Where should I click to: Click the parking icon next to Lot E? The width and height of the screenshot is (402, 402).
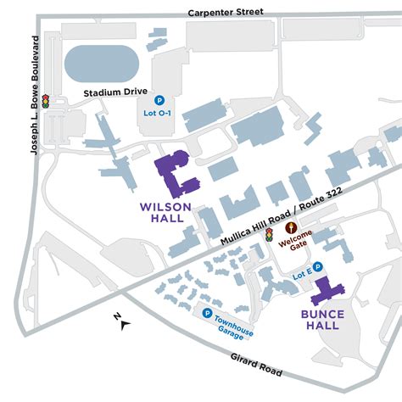(318, 266)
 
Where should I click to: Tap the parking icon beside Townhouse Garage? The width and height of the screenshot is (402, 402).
(207, 313)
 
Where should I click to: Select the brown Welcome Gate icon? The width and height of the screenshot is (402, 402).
(292, 227)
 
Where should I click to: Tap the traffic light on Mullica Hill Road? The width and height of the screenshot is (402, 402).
(269, 233)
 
